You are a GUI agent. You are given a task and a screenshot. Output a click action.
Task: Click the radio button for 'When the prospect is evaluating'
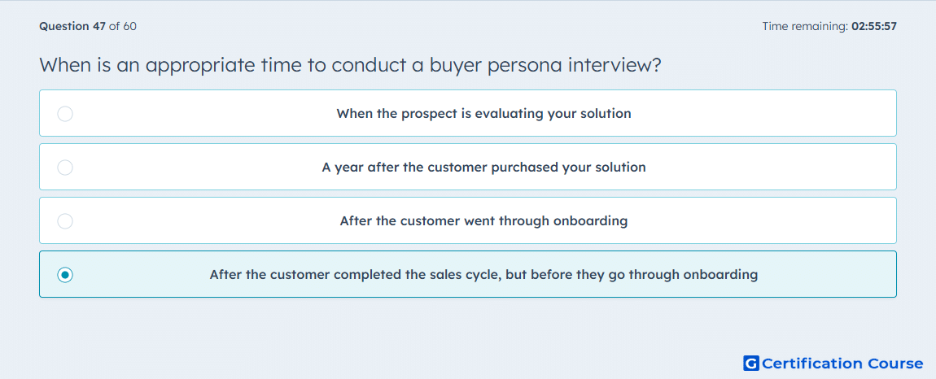click(65, 113)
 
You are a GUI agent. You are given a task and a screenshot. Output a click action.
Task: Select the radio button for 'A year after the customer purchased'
click(65, 167)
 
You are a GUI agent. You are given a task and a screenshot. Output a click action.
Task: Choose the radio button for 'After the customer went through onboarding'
click(65, 221)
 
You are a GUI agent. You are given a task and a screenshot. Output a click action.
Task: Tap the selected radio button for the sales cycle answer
click(65, 275)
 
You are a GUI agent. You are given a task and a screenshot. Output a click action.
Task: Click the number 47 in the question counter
click(99, 26)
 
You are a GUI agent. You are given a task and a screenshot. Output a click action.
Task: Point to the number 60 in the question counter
click(129, 26)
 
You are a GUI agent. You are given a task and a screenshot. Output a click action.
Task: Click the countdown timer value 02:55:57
click(874, 26)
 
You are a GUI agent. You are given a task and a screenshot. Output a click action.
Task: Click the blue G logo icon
click(751, 363)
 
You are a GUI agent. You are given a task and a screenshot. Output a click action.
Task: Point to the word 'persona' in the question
click(525, 65)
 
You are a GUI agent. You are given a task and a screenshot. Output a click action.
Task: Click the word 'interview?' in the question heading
click(615, 64)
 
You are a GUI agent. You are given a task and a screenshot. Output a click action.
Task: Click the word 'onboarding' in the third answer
click(590, 221)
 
